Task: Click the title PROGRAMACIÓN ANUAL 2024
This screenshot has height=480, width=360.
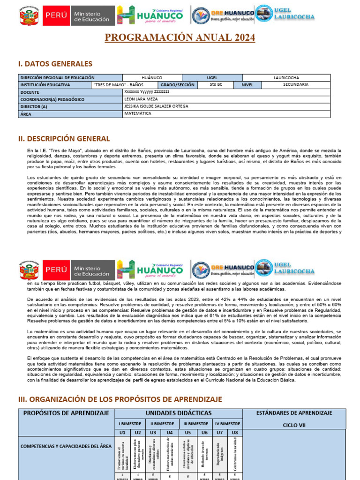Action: [180, 37]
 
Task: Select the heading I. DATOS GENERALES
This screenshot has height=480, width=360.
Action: [55, 64]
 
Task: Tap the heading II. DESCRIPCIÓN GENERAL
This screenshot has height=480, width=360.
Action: [64, 139]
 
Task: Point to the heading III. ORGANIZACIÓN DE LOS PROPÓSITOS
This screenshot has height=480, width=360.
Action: [120, 399]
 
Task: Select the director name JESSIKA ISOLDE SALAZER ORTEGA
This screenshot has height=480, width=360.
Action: [156, 106]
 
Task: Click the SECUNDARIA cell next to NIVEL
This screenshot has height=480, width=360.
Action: [296, 85]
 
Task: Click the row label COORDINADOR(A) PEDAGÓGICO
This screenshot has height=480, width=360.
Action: [52, 99]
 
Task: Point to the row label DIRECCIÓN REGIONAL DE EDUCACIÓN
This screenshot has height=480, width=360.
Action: [57, 78]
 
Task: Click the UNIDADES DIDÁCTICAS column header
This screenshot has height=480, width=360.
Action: [178, 413]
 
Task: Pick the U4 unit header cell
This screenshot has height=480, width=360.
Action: [170, 432]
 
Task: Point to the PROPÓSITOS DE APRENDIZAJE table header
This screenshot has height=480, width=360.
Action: [66, 413]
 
